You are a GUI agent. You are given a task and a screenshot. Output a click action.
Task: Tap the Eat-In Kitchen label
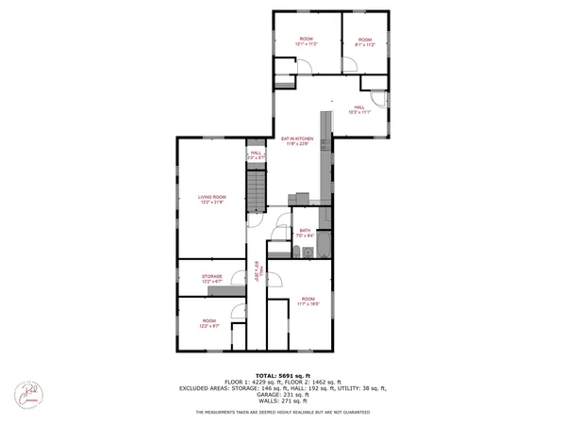click(x=297, y=141)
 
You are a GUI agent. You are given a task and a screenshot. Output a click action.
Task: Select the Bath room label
click(x=305, y=233)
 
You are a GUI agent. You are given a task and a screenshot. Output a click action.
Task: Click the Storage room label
click(x=211, y=278)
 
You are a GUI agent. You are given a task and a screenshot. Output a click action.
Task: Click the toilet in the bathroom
click(x=296, y=251)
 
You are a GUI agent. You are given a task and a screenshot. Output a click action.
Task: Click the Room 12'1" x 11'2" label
click(x=306, y=41)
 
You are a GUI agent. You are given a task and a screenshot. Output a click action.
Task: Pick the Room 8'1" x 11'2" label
click(x=364, y=41)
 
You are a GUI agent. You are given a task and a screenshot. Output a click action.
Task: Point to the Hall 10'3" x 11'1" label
click(x=360, y=109)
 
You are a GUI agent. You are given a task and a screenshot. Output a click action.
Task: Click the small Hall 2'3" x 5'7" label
click(x=256, y=155)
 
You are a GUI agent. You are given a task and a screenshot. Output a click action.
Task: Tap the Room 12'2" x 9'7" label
click(x=209, y=323)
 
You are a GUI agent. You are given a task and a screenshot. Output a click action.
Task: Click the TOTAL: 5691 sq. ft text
click(x=283, y=374)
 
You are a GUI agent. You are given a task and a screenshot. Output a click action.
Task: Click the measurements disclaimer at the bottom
click(x=283, y=413)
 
